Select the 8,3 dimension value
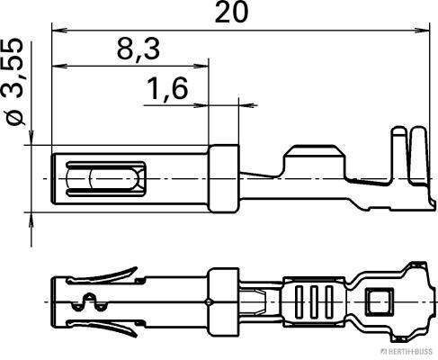click(138, 51)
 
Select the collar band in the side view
click(224, 178)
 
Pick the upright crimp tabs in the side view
click(407, 153)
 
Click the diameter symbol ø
click(14, 118)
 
